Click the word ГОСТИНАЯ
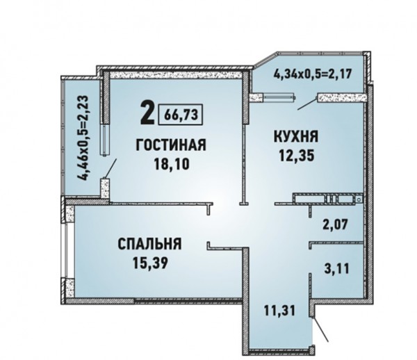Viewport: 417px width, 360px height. point(171,145)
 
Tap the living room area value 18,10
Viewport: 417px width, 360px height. point(172,164)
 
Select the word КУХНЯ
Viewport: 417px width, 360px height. point(296,137)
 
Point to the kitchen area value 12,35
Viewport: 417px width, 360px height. point(297,156)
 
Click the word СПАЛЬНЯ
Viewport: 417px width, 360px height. point(149,244)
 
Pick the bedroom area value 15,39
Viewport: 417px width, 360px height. point(150,263)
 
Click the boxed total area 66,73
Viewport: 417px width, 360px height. point(181,115)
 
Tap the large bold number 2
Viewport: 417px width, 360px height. point(147,113)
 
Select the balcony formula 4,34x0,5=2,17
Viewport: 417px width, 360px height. point(313,74)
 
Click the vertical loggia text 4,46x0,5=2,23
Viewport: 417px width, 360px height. point(82,138)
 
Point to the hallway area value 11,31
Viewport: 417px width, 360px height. point(279,310)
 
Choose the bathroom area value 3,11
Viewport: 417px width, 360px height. point(336,268)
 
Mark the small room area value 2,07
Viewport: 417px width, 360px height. point(335,224)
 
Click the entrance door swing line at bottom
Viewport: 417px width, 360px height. point(320,329)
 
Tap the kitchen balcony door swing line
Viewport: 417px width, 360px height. point(307,104)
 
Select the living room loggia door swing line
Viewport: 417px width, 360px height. point(111,168)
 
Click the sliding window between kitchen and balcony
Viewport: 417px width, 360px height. point(279,97)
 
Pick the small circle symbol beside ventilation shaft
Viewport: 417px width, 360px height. point(359,199)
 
